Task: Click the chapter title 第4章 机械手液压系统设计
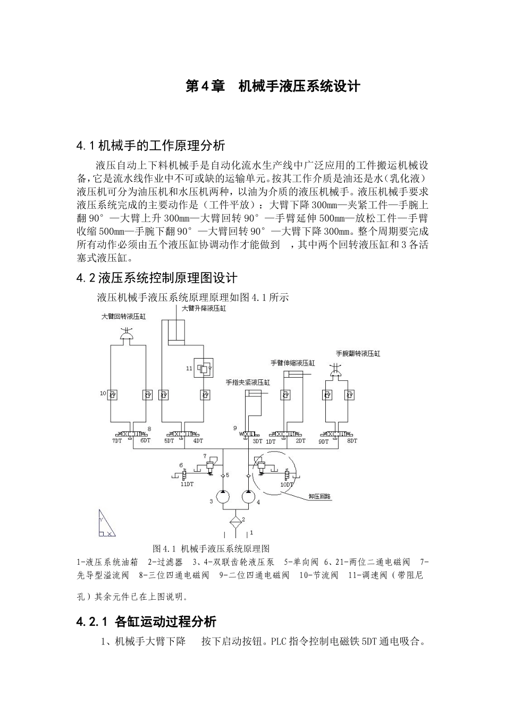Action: pyautogui.click(x=273, y=86)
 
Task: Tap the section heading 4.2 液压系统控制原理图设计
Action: pyautogui.click(x=157, y=277)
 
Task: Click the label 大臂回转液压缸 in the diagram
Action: pyautogui.click(x=124, y=316)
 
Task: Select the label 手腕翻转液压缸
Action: pyautogui.click(x=358, y=353)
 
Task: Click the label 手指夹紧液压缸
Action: pyautogui.click(x=248, y=382)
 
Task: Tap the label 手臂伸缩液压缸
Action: pyautogui.click(x=293, y=363)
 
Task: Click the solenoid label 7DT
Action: pyautogui.click(x=117, y=440)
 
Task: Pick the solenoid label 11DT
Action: pyautogui.click(x=187, y=484)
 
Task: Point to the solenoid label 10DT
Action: pyautogui.click(x=287, y=484)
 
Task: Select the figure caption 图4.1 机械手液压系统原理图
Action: pyautogui.click(x=211, y=548)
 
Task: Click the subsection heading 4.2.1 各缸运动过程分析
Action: pyautogui.click(x=146, y=622)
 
